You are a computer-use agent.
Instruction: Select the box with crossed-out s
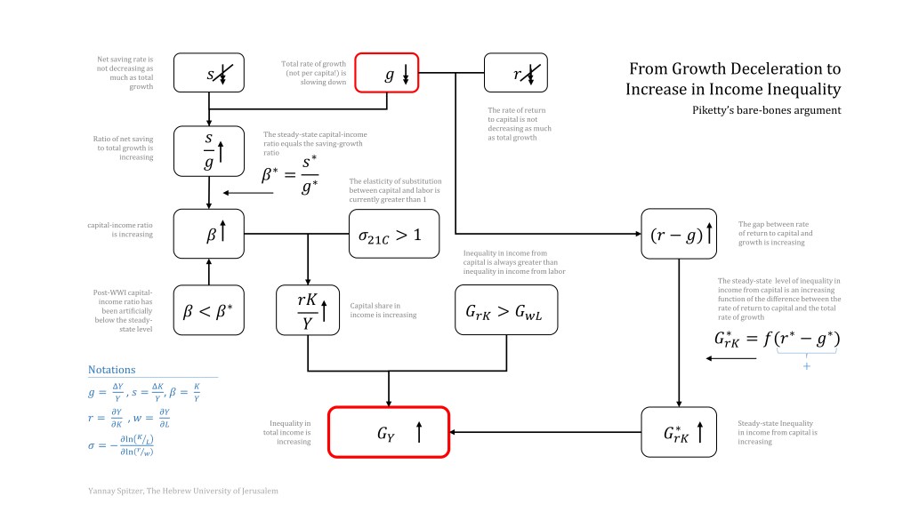tap(208, 74)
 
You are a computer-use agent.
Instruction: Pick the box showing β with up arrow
tap(208, 234)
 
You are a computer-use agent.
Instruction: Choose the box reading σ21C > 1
tap(392, 235)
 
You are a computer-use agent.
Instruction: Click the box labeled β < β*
tap(208, 310)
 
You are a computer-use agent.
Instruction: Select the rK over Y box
tap(308, 310)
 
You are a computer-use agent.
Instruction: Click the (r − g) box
tap(679, 234)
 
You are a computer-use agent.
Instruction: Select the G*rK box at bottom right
tap(679, 433)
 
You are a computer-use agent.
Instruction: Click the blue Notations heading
tap(111, 370)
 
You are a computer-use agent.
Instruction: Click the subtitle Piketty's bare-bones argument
tap(766, 110)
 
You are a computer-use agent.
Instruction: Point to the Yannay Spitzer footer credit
tap(182, 490)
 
